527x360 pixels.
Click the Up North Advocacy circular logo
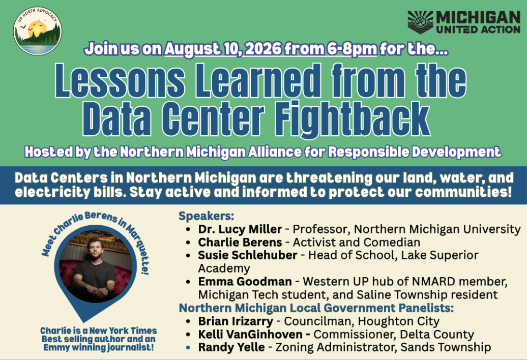pyautogui.click(x=38, y=31)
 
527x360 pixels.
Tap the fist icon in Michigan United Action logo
pyautogui.click(x=420, y=22)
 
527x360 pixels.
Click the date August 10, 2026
pyautogui.click(x=223, y=49)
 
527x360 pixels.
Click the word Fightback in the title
pyautogui.click(x=355, y=117)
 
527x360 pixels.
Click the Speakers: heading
pyautogui.click(x=207, y=216)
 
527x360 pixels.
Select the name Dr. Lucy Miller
pyautogui.click(x=240, y=229)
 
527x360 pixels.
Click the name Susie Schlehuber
pyautogui.click(x=247, y=255)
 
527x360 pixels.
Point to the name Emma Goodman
pyautogui.click(x=245, y=281)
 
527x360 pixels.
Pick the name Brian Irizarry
pyautogui.click(x=235, y=321)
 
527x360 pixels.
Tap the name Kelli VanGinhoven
pyautogui.click(x=250, y=335)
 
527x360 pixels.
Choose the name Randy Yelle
pyautogui.click(x=231, y=347)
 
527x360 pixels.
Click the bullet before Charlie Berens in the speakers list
pyautogui.click(x=188, y=243)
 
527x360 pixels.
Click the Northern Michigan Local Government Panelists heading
pyautogui.click(x=316, y=308)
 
